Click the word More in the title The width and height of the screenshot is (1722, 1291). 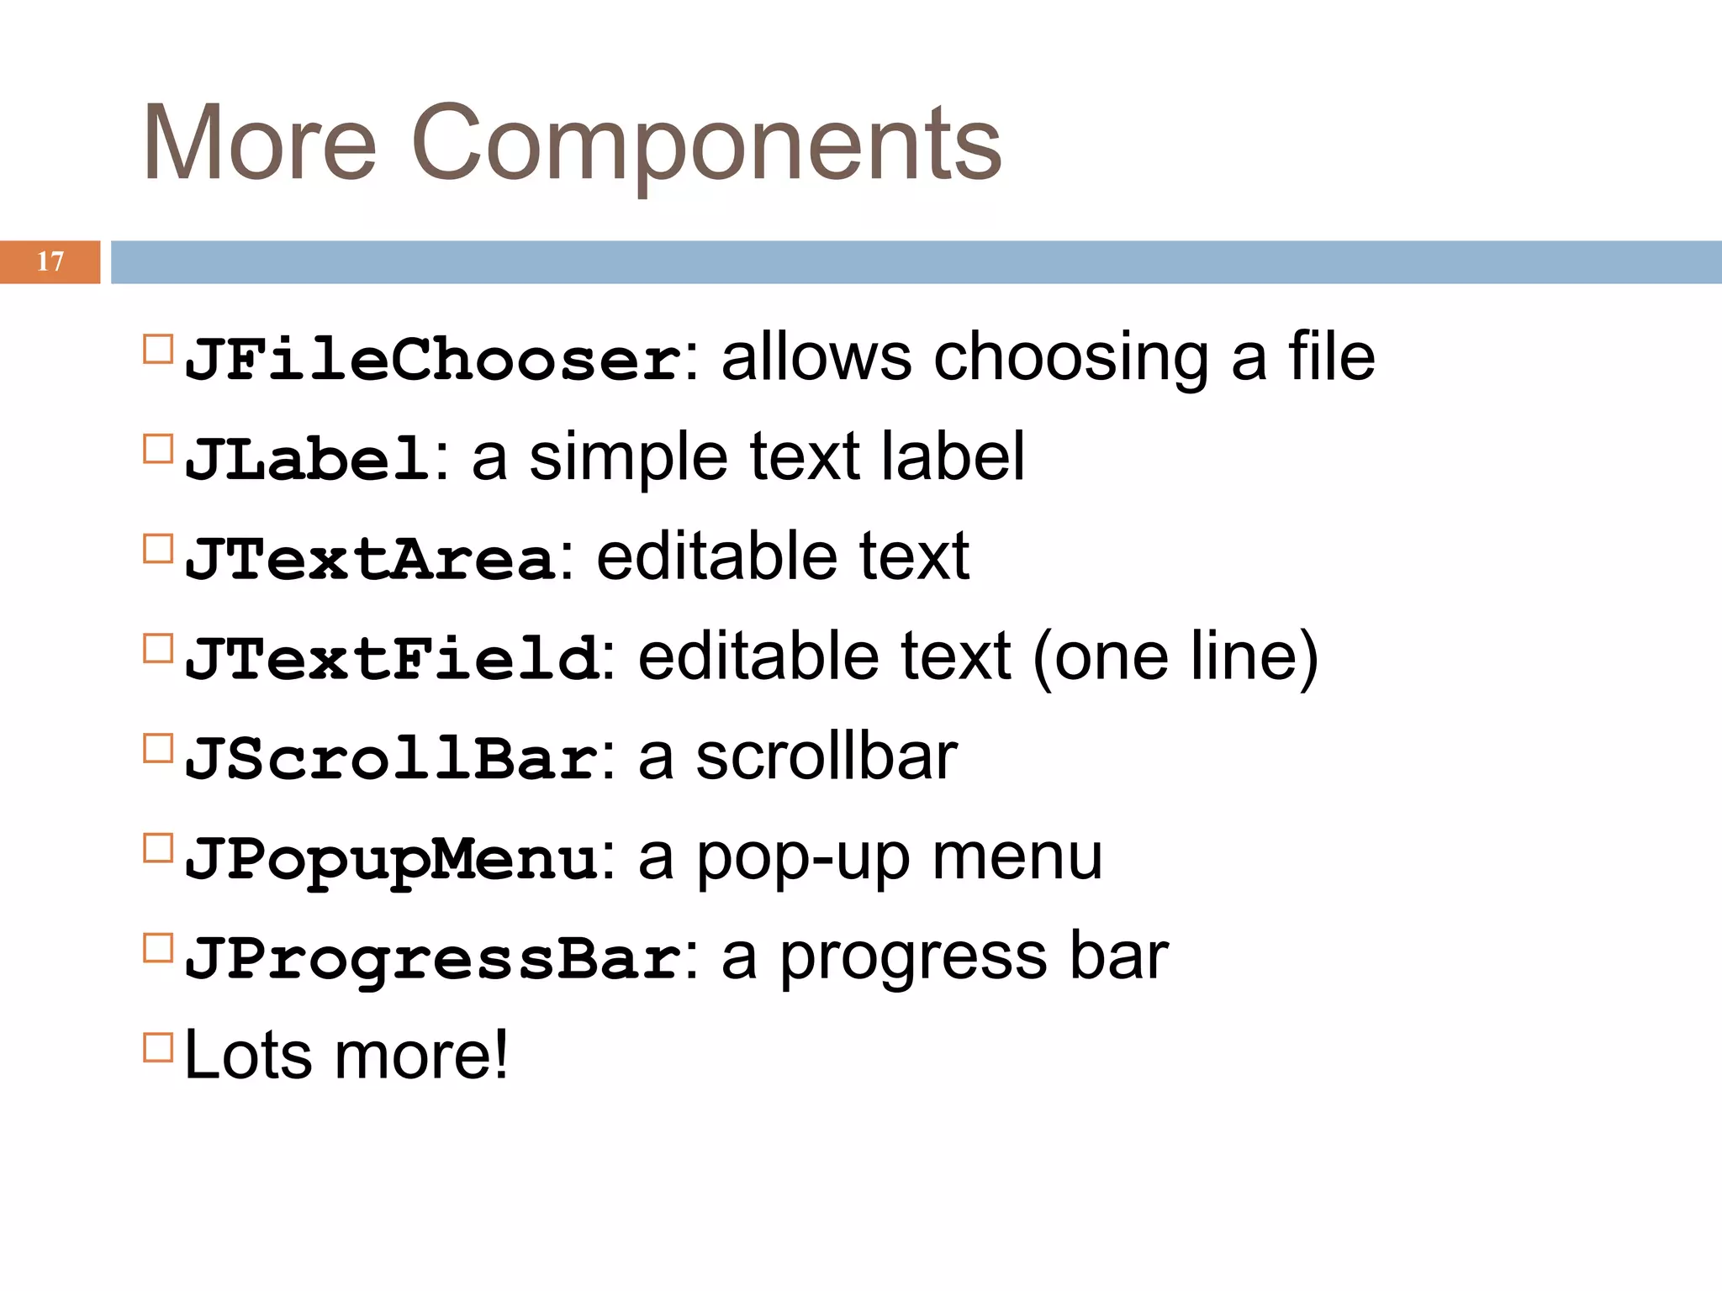260,143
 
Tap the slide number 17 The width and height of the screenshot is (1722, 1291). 50,261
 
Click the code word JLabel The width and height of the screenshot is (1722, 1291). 308,459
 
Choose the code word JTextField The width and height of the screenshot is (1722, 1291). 392,658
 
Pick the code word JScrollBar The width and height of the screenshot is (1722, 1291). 392,758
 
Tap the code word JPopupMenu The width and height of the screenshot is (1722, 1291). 392,859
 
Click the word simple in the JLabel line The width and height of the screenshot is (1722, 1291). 627,458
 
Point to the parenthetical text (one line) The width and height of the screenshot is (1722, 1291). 1175,657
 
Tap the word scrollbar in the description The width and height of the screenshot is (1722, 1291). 826,757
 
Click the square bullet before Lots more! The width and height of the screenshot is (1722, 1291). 158,1048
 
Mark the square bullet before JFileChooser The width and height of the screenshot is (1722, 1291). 158,349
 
